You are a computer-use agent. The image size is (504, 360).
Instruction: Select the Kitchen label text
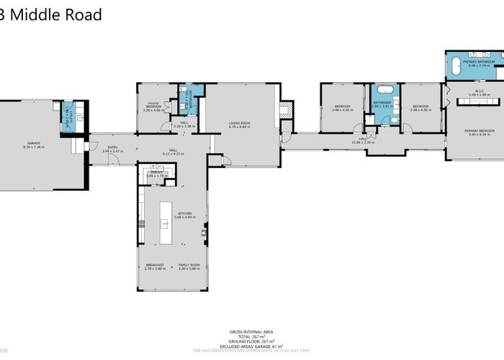[171, 215]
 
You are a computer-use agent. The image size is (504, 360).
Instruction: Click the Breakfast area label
[155, 266]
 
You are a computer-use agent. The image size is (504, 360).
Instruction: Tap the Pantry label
[158, 174]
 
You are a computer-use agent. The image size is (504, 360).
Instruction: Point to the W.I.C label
[469, 92]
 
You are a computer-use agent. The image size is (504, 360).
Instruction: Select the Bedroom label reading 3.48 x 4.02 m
[342, 109]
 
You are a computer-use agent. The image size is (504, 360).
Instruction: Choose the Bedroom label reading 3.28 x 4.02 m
[419, 109]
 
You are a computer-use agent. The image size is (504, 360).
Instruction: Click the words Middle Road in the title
[56, 14]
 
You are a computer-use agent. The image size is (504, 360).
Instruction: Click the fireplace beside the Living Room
[287, 110]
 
